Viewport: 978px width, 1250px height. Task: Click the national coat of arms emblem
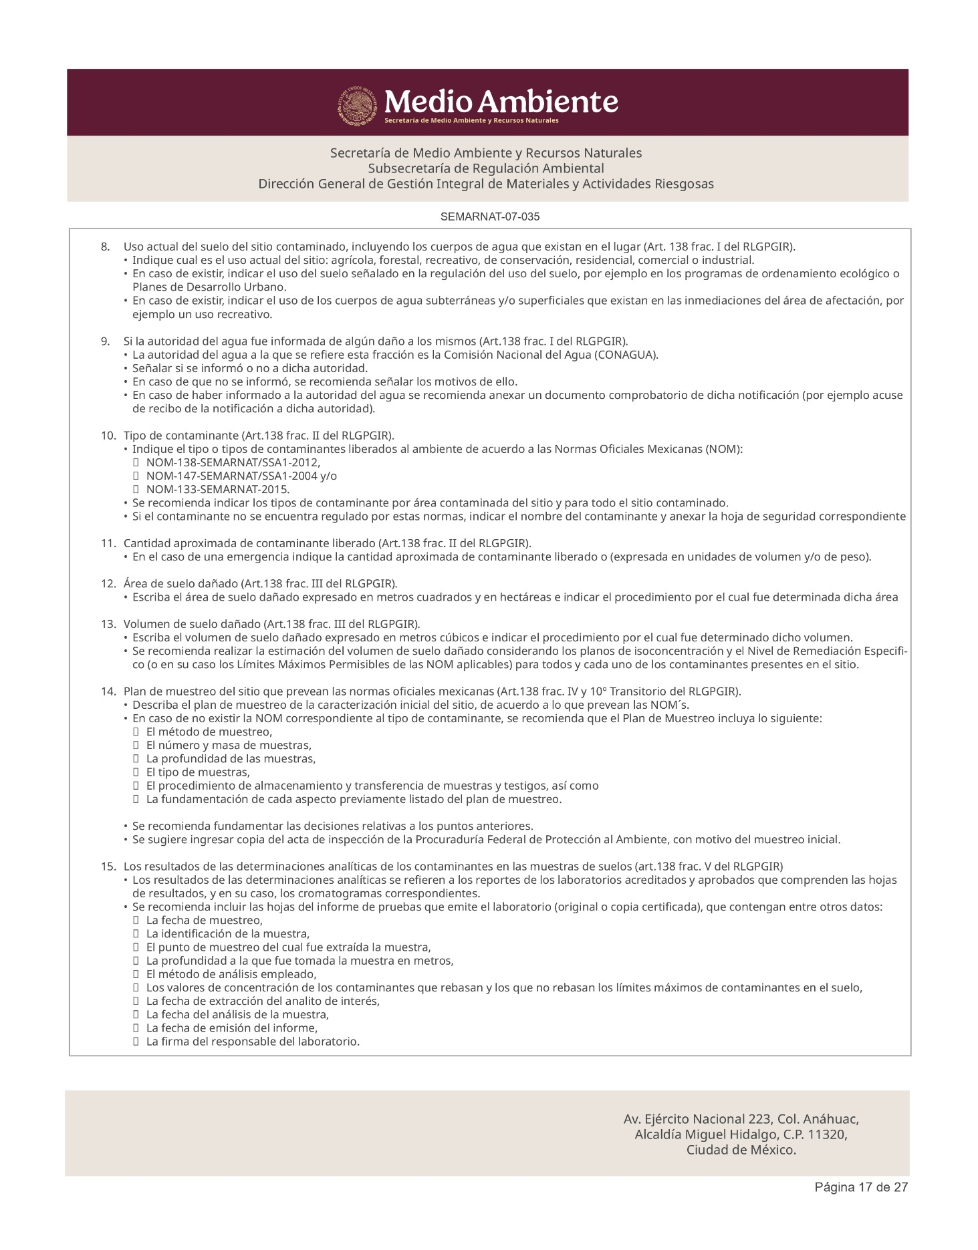click(x=358, y=105)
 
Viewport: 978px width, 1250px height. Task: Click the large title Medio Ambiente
click(x=501, y=102)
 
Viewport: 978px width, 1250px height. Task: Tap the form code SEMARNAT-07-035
click(x=490, y=216)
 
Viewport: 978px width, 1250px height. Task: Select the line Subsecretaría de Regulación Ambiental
click(x=486, y=168)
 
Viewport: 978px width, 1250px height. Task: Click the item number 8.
click(x=106, y=247)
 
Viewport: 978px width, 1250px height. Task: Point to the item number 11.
click(x=108, y=543)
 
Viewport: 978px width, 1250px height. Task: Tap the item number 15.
click(x=108, y=867)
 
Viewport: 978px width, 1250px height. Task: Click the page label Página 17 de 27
click(x=860, y=1187)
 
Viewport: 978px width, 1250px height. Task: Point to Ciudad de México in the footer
click(x=741, y=1150)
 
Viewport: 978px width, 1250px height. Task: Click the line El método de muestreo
click(x=209, y=732)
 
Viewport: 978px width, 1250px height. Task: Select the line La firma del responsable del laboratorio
click(x=253, y=1042)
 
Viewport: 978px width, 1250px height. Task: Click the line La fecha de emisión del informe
click(x=231, y=1028)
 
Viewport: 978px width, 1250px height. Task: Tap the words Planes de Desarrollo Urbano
click(x=209, y=287)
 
